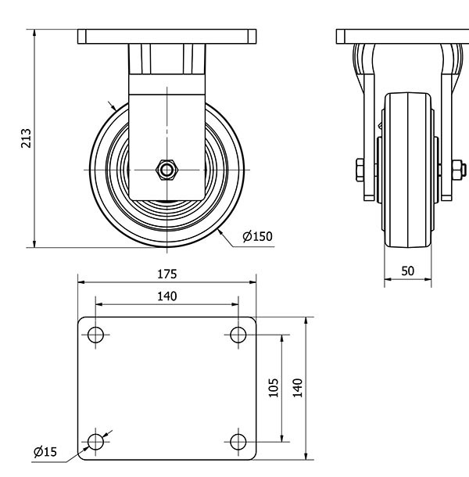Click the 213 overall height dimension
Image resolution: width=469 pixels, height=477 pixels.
pyautogui.click(x=26, y=138)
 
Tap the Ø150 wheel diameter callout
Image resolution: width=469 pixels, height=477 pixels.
pyautogui.click(x=257, y=236)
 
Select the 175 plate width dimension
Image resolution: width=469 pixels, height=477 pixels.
pyautogui.click(x=167, y=274)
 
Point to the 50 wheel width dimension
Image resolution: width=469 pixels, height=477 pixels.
pyautogui.click(x=407, y=271)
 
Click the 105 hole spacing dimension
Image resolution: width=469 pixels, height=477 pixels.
pyautogui.click(x=274, y=388)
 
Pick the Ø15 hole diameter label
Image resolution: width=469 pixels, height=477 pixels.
pyautogui.click(x=45, y=452)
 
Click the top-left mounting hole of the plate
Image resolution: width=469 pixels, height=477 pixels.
pyautogui.click(x=95, y=335)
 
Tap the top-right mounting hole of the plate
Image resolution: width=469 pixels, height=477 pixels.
pyautogui.click(x=238, y=335)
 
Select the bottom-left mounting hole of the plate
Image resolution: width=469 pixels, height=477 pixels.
pyautogui.click(x=95, y=442)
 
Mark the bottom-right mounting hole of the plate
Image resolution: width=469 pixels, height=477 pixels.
pyautogui.click(x=238, y=442)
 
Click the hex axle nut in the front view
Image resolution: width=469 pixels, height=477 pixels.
pyautogui.click(x=166, y=170)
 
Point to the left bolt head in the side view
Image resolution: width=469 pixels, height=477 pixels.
pyautogui.click(x=360, y=170)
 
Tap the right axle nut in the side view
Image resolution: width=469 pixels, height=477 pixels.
pyautogui.click(x=459, y=170)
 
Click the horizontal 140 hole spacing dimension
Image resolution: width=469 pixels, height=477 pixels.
pyautogui.click(x=167, y=296)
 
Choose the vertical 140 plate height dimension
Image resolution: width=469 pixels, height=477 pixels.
pyautogui.click(x=298, y=388)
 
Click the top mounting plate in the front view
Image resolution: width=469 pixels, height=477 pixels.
pyautogui.click(x=167, y=37)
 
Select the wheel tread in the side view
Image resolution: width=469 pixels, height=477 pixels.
pyautogui.click(x=407, y=170)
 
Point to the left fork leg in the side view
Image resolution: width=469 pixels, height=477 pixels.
pyautogui.click(x=369, y=122)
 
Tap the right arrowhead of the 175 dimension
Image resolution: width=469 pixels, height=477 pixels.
pyautogui.click(x=252, y=282)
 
